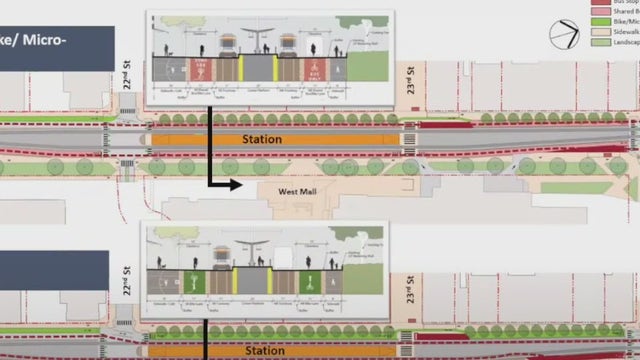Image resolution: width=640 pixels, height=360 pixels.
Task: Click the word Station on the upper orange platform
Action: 262,140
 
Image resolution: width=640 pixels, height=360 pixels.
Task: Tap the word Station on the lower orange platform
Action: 264,351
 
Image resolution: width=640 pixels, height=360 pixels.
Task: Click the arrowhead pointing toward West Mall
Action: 236,184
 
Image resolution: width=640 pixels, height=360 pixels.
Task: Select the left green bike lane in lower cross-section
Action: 198,282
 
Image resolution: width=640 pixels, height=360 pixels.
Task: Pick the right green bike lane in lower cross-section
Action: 311,282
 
